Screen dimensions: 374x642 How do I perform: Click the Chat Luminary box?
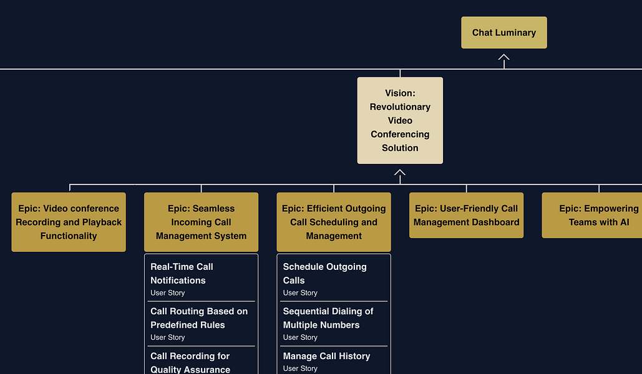coord(503,32)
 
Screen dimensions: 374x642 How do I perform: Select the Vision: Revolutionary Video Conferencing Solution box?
coord(400,120)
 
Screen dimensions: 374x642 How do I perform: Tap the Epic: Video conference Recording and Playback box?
coord(69,222)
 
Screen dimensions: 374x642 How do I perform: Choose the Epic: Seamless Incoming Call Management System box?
coord(201,222)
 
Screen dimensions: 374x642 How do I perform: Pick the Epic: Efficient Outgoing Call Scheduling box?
coord(334,222)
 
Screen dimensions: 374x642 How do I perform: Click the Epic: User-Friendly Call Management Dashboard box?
coord(466,215)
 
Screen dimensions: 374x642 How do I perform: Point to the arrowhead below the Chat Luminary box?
coord(503,57)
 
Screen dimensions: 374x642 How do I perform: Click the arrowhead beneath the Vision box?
coord(400,173)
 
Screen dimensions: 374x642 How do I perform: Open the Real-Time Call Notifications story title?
coord(182,273)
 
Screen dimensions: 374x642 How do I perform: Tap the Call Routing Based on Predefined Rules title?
coord(198,318)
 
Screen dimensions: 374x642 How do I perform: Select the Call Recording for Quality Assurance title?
coord(190,363)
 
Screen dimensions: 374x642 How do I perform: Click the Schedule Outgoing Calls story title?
coord(324,273)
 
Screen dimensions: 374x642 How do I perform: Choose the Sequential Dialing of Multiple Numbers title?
coord(328,318)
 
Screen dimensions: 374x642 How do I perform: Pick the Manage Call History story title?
coord(326,356)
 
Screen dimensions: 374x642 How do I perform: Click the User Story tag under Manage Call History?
coord(300,368)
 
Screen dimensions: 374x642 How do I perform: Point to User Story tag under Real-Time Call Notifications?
coord(167,293)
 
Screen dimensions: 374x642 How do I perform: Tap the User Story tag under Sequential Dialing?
coord(300,337)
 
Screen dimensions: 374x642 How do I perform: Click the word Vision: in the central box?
coord(400,93)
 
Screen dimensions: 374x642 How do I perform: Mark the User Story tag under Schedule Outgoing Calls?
coord(300,293)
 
